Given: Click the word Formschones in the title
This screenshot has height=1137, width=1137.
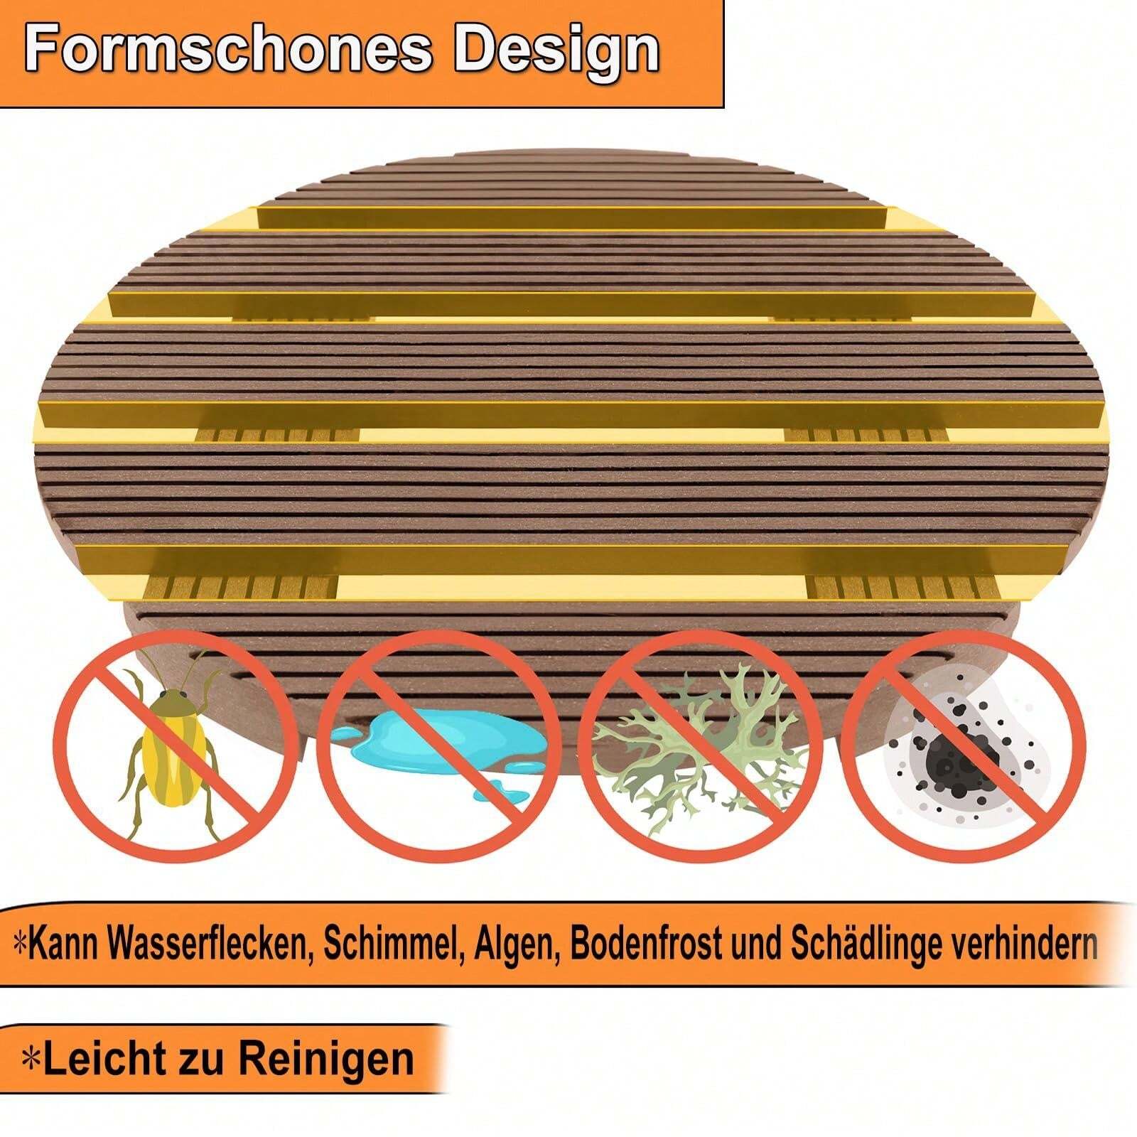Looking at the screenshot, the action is point(229,50).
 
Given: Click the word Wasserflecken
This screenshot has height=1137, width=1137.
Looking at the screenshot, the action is point(210,944).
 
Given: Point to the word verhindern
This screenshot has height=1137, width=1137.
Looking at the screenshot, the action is point(1026,944).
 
